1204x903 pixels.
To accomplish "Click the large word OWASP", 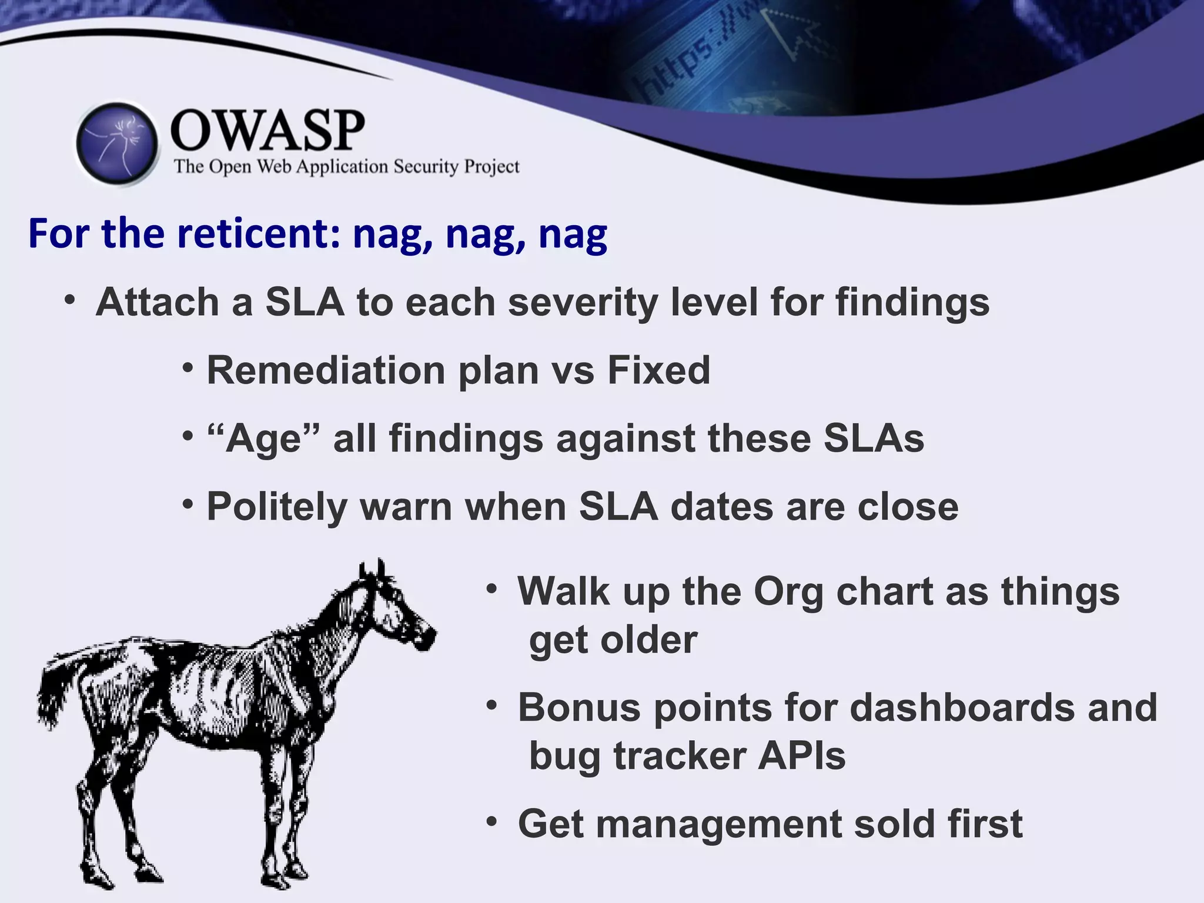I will (x=267, y=131).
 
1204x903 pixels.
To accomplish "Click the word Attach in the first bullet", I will (x=158, y=302).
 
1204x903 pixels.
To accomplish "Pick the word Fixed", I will (x=658, y=370).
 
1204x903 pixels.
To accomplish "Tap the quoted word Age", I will (x=265, y=439).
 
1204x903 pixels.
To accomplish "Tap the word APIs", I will (x=801, y=756).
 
